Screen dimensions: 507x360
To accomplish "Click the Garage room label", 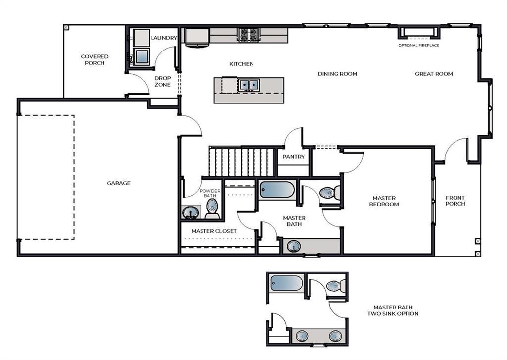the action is coord(119,183).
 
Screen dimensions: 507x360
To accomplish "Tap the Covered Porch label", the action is coord(95,59).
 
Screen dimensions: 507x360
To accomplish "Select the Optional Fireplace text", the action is coord(418,45).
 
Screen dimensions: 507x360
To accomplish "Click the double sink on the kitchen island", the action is coord(249,85).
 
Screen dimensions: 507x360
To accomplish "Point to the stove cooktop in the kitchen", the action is coord(249,35).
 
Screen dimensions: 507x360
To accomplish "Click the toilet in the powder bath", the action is coord(212,208).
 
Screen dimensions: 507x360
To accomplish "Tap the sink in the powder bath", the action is coord(190,213).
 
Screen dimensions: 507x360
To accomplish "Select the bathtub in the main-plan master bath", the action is coord(277,190).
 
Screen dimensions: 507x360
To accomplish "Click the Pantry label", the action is coord(294,157).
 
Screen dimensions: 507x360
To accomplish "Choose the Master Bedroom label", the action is coord(384,201).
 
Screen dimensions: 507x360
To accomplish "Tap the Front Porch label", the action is coord(456,201).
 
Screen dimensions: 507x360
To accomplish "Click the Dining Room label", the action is coord(338,74).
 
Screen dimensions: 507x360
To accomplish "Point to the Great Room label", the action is coord(434,74).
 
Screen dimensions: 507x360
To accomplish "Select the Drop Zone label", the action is coord(162,81).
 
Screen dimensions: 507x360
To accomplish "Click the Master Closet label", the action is coord(214,231).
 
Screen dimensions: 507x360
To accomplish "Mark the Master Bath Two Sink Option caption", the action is coord(393,310).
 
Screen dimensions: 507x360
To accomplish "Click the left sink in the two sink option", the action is coord(303,336).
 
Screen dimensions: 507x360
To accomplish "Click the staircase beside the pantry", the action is coord(242,162).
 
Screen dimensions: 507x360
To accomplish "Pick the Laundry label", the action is coord(164,38).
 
